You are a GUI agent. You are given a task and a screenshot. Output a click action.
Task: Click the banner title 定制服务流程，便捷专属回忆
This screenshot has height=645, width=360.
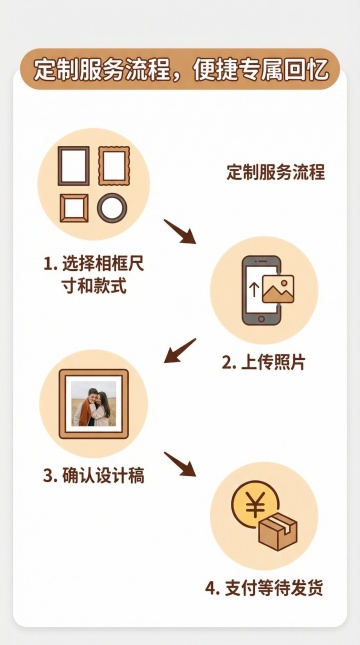(x=180, y=69)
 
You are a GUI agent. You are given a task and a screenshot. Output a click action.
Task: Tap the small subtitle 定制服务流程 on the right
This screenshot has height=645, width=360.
(x=276, y=172)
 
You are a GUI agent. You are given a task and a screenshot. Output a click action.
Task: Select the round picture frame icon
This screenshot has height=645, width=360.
(x=112, y=208)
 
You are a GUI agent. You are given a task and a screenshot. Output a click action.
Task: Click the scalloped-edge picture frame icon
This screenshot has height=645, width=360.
(x=114, y=166)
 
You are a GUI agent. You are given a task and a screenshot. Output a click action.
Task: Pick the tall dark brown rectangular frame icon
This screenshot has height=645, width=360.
(x=74, y=166)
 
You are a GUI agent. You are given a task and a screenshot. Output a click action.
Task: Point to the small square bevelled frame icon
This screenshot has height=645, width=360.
(x=74, y=208)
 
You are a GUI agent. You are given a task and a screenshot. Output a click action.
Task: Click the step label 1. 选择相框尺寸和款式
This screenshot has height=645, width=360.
(x=94, y=275)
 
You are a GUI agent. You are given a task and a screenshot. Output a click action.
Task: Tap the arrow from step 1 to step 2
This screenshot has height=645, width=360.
(x=180, y=232)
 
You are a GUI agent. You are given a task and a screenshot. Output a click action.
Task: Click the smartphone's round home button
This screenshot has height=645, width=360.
(x=261, y=318)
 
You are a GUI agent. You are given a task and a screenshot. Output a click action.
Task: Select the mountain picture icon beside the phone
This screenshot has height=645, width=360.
(x=278, y=289)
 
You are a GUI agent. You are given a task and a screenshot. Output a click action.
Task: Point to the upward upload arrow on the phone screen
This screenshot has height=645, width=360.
(x=254, y=290)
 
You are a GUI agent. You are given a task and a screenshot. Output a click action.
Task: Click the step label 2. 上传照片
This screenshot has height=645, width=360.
(x=263, y=362)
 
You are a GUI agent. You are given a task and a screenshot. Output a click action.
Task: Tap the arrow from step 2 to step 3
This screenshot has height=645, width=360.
(x=180, y=351)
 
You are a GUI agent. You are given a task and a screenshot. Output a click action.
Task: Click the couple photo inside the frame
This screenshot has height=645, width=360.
(x=93, y=403)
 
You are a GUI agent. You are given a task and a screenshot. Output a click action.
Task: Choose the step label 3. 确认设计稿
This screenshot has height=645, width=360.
(x=94, y=476)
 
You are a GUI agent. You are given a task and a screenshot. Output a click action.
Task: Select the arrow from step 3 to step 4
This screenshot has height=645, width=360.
(x=180, y=464)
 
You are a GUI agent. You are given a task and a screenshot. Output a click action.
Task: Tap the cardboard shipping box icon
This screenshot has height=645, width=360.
(x=278, y=531)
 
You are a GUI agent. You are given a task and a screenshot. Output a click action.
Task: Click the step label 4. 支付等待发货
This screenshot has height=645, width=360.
(x=264, y=588)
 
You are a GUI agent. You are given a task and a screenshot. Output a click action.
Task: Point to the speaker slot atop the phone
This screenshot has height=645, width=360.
(x=262, y=261)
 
